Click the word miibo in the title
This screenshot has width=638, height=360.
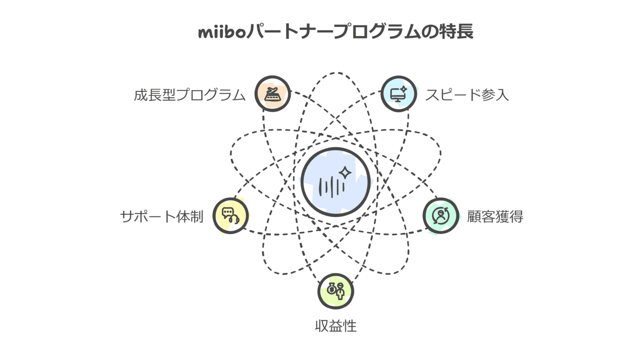click(222, 32)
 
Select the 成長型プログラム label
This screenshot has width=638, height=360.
click(189, 95)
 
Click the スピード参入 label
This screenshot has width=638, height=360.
click(467, 95)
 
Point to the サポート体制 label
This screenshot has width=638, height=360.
click(162, 216)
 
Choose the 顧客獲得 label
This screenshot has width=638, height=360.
click(495, 216)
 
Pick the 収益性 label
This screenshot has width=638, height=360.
click(336, 326)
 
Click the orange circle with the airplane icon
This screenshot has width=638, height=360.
click(273, 94)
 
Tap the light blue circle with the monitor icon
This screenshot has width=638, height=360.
click(399, 94)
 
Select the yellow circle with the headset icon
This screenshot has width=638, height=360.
click(231, 215)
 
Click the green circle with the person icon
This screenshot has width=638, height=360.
click(441, 215)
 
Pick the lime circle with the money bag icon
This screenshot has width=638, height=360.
click(336, 291)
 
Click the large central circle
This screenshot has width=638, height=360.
click(336, 182)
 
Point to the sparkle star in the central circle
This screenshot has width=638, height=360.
click(345, 173)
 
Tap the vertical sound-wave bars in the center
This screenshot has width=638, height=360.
click(332, 187)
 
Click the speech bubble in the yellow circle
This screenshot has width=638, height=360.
click(228, 212)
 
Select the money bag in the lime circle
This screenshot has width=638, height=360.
click(331, 289)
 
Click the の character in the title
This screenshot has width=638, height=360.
click(429, 32)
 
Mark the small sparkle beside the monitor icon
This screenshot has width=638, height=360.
click(403, 89)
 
